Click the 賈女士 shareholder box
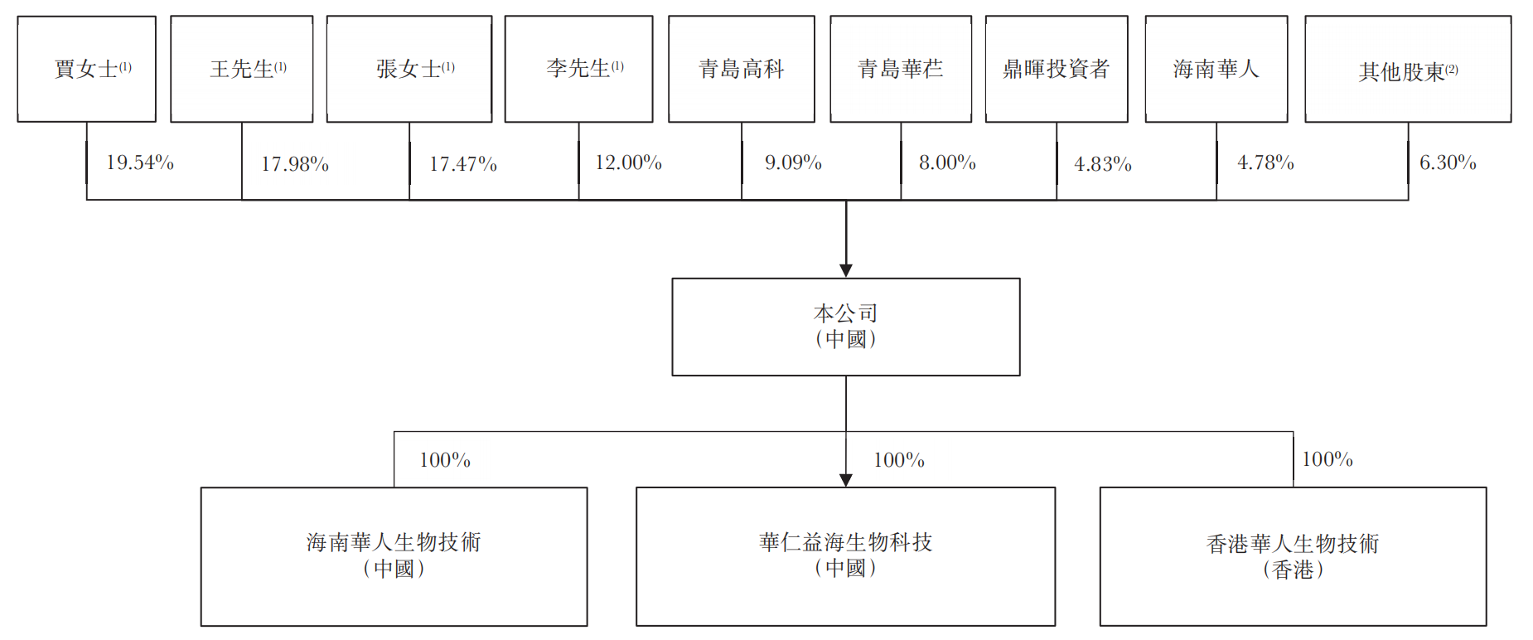pyautogui.click(x=87, y=69)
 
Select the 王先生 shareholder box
pyautogui.click(x=242, y=69)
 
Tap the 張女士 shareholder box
pyautogui.click(x=409, y=69)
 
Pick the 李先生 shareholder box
pyautogui.click(x=579, y=69)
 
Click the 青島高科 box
pyautogui.click(x=742, y=69)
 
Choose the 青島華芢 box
pyautogui.click(x=901, y=69)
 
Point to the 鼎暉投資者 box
pyautogui.click(x=1057, y=69)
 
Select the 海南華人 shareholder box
pyautogui.click(x=1216, y=69)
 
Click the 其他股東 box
pyautogui.click(x=1408, y=69)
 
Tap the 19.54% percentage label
pyautogui.click(x=140, y=162)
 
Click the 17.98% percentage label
pyautogui.click(x=295, y=164)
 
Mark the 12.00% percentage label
pyautogui.click(x=628, y=162)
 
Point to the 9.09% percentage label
pyautogui.click(x=793, y=162)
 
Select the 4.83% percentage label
pyautogui.click(x=1103, y=164)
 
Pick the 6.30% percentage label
pyautogui.click(x=1448, y=162)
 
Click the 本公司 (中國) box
pyautogui.click(x=846, y=327)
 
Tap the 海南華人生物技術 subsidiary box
pyautogui.click(x=394, y=556)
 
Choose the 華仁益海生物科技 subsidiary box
pyautogui.click(x=846, y=556)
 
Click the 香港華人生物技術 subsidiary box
pyautogui.click(x=1294, y=556)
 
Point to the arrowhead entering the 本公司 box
pyautogui.click(x=846, y=270)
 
